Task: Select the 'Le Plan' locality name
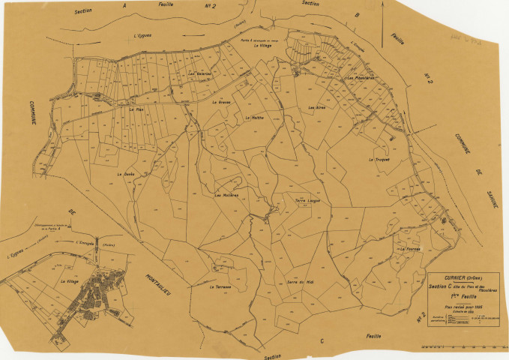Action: coord(136,109)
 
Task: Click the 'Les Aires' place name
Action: coord(316,108)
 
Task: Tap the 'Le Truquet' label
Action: coord(381,160)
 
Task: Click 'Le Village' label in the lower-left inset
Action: coord(69,280)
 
